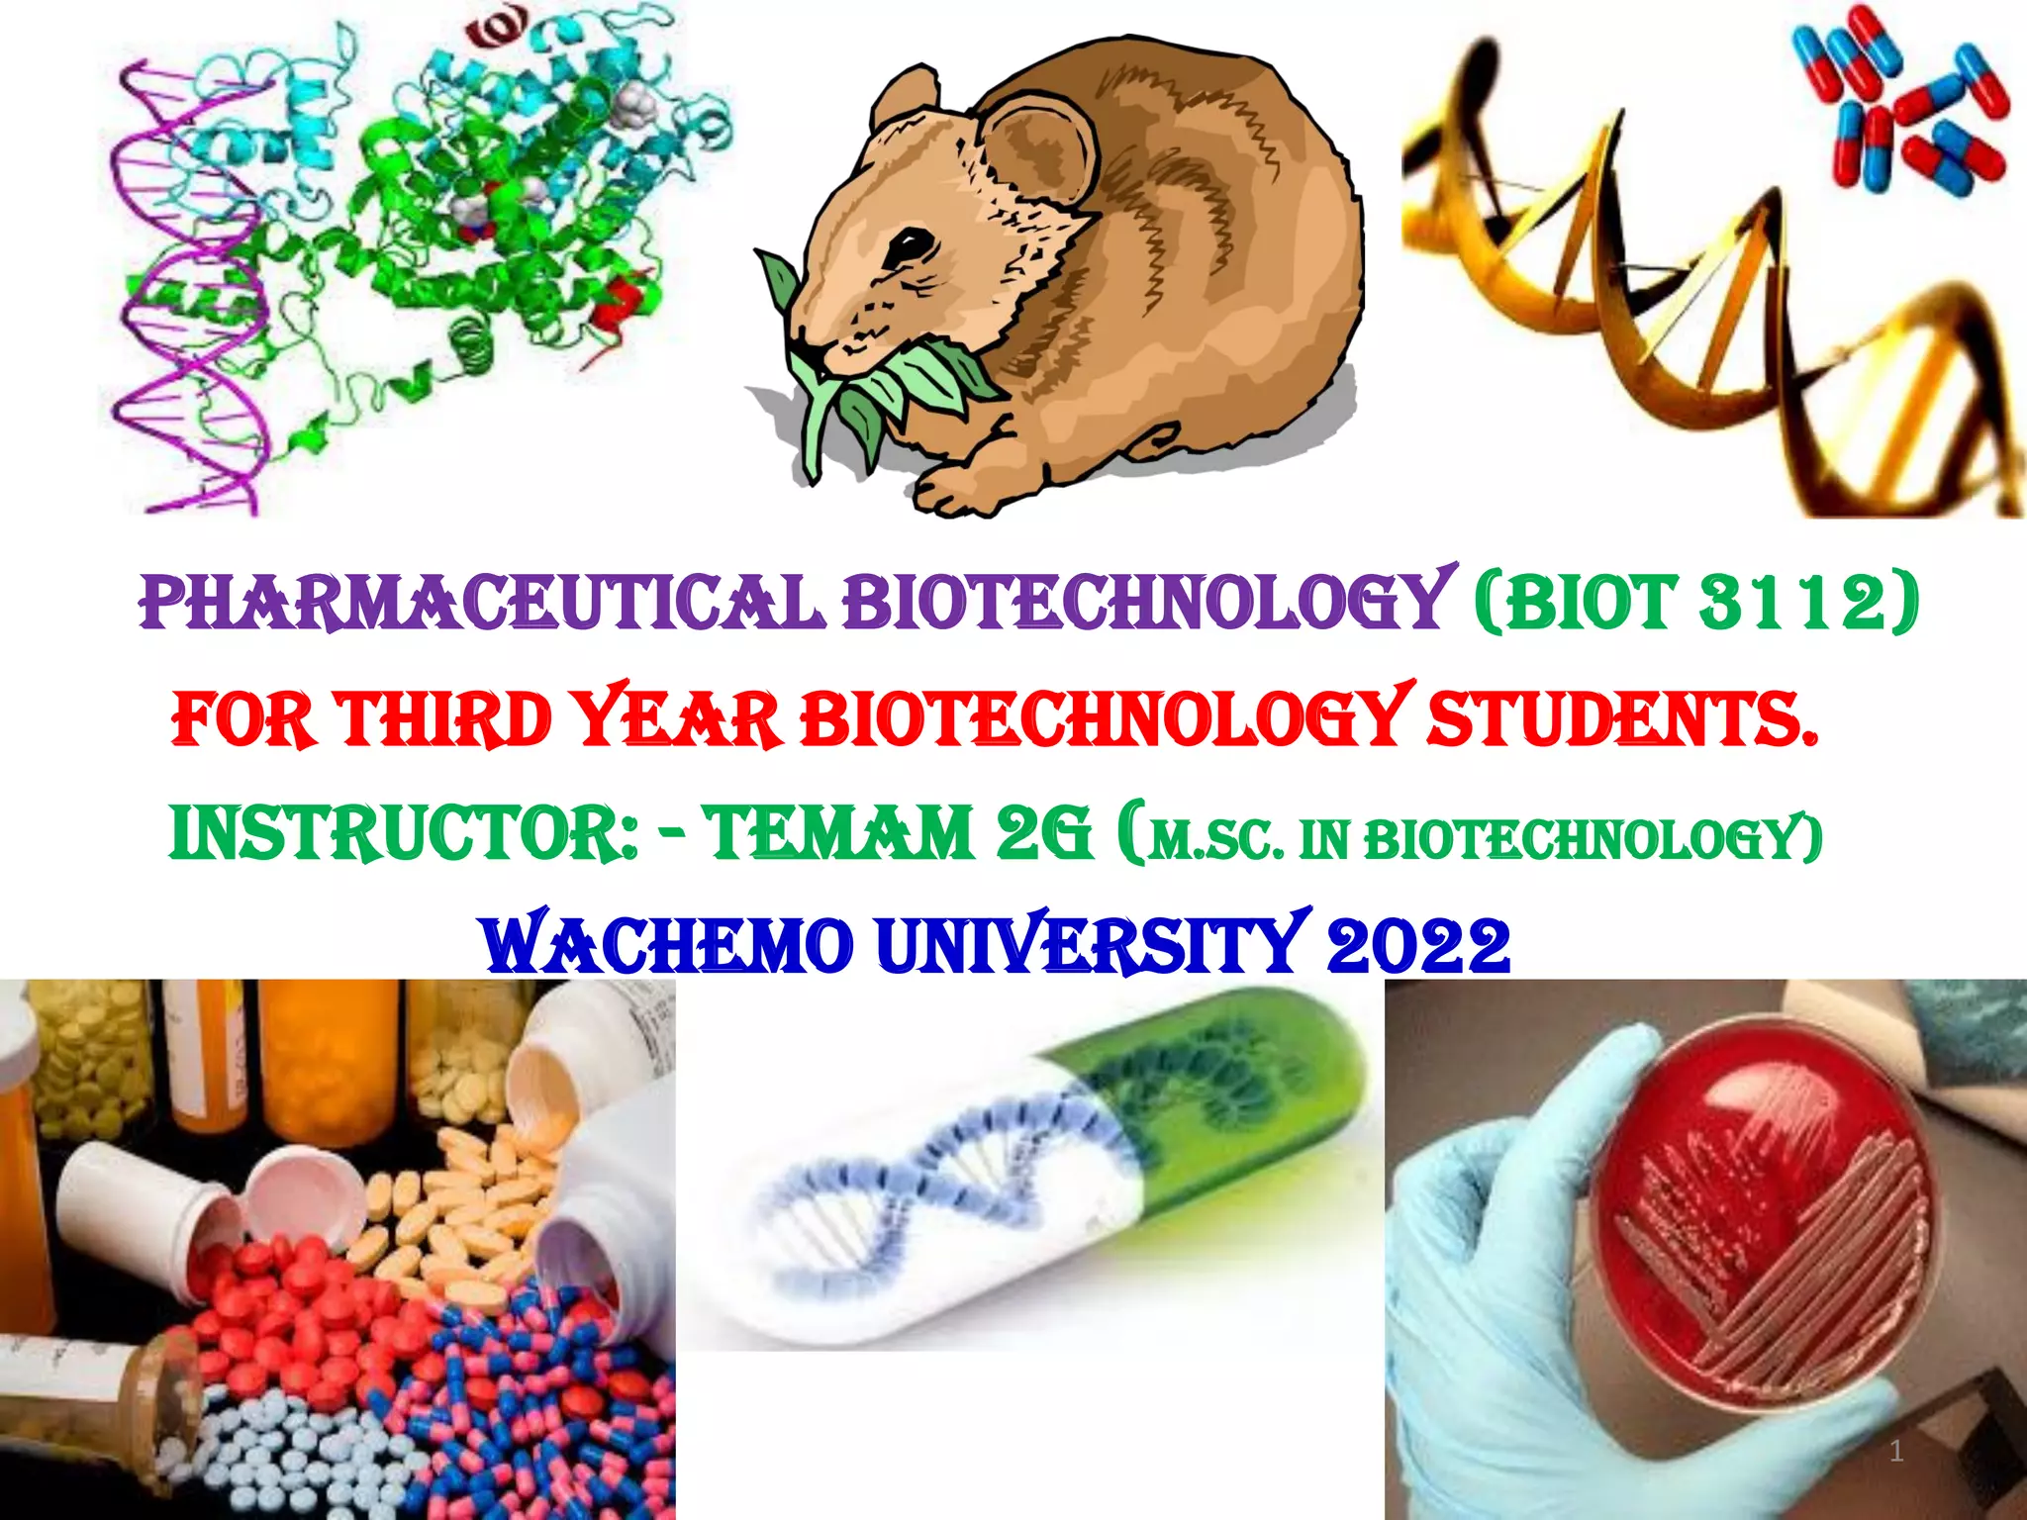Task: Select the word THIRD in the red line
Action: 442,719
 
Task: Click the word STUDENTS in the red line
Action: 1621,719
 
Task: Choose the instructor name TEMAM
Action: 839,833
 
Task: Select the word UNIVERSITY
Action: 1087,945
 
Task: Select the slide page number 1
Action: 1896,1451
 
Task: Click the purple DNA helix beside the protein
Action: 188,297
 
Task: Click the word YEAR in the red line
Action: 677,719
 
